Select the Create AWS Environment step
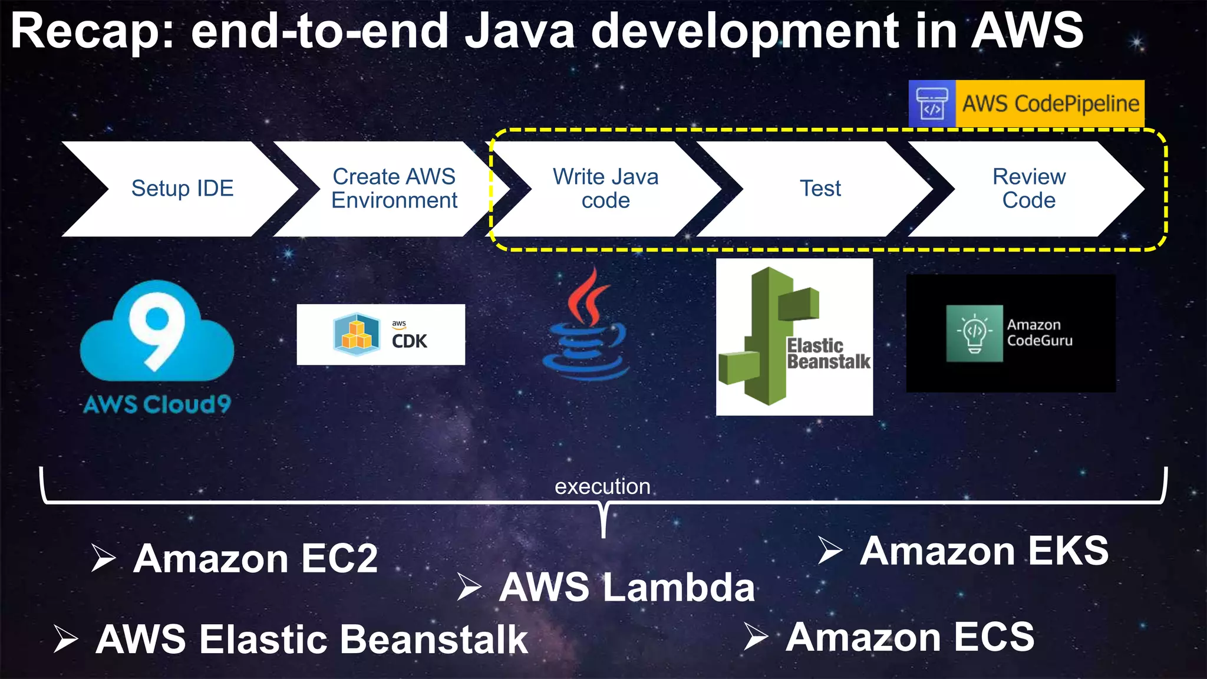(x=394, y=189)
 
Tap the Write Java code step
(x=605, y=189)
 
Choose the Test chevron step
(x=820, y=189)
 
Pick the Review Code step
(x=1028, y=189)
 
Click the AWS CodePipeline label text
(x=1050, y=104)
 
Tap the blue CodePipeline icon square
(x=932, y=104)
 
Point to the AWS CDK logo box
(x=381, y=334)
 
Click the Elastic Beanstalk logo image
(x=794, y=337)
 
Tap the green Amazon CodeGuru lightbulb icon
(x=974, y=333)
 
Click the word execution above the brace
(x=602, y=487)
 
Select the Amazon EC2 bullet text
(x=255, y=559)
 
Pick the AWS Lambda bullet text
(x=626, y=588)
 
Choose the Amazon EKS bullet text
(x=984, y=551)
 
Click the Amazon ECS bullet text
(x=910, y=637)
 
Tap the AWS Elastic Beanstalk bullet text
(x=312, y=640)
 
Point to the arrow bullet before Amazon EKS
(x=830, y=551)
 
